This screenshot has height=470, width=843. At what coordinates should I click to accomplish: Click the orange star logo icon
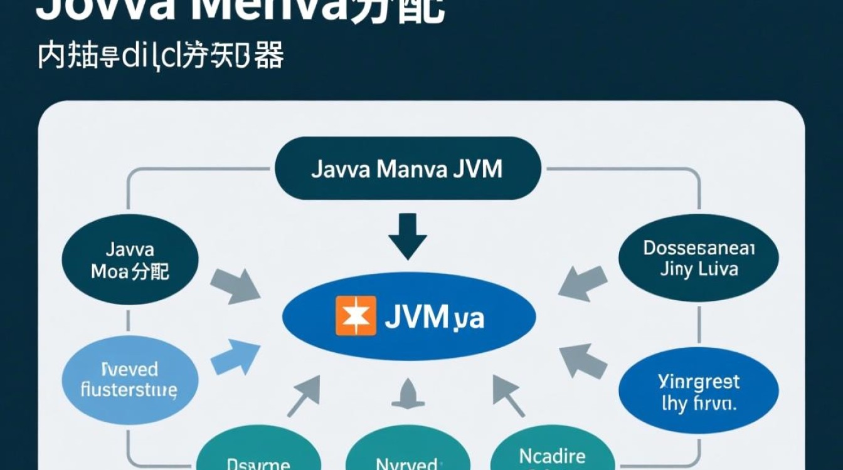point(356,315)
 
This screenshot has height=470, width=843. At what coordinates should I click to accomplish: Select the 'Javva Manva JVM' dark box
point(408,169)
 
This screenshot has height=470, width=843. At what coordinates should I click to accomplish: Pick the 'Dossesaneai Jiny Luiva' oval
point(699,259)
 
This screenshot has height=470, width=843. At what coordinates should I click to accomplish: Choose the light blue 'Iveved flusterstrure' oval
point(130,380)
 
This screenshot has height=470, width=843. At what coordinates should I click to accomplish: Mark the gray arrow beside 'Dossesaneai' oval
point(581,281)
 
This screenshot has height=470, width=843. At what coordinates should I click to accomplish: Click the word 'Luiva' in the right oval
point(715,269)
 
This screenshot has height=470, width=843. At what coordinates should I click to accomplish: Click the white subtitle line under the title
point(161,56)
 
